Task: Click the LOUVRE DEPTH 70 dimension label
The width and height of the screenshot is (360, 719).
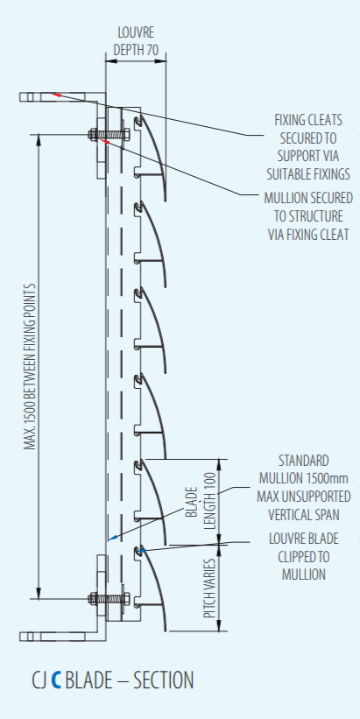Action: coord(136,41)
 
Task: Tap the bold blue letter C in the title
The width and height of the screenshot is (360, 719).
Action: coord(56,680)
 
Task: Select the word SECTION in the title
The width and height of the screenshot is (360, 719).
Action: coord(163,680)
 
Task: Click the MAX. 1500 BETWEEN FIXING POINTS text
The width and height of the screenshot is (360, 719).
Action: coord(30,366)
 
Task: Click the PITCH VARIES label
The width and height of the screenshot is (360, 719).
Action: coord(209,589)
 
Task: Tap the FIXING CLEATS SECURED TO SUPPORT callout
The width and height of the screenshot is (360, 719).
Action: coord(309,147)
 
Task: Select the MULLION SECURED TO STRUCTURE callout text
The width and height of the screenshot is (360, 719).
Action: coord(308,216)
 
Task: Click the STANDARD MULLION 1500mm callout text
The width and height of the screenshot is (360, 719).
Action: coord(304,488)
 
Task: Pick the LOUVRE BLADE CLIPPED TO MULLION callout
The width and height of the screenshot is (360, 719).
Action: coord(304,556)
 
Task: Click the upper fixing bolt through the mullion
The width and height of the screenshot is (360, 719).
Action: coord(109,135)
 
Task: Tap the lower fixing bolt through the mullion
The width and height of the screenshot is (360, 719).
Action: coord(109,598)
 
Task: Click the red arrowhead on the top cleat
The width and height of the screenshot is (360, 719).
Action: coord(55,95)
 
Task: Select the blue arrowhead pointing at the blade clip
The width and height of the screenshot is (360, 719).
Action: coord(141,550)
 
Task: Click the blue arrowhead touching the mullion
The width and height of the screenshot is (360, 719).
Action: coord(113,538)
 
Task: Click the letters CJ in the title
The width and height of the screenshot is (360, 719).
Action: coord(39,680)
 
